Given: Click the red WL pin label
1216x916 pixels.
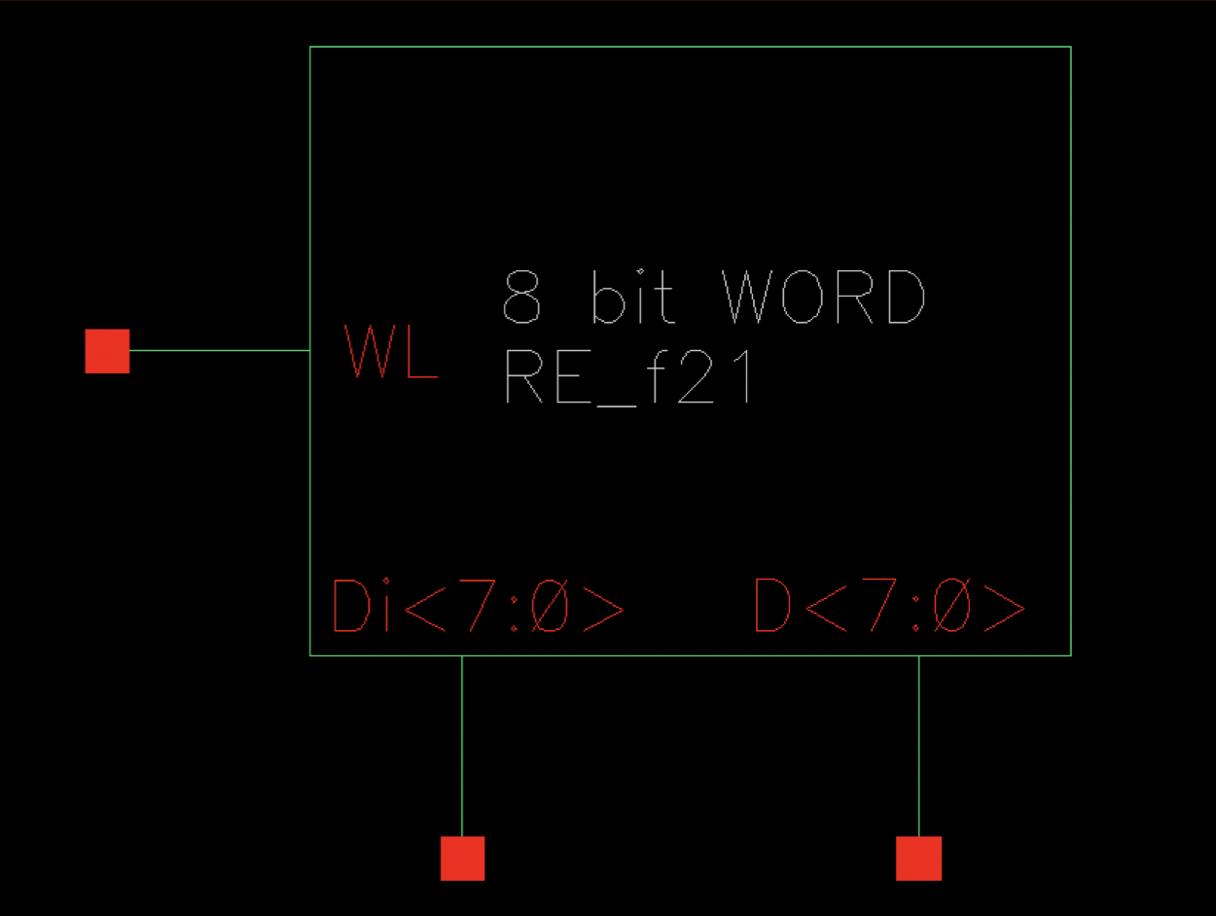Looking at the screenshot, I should [391, 352].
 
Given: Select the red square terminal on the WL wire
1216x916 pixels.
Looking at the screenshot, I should [107, 351].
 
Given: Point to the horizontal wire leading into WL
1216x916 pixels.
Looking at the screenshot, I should [219, 350].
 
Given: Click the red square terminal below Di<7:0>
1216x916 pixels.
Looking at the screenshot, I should [462, 859].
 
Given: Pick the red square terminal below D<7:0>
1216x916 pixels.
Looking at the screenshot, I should [918, 859].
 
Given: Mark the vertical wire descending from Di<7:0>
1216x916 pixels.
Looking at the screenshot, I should [462, 745].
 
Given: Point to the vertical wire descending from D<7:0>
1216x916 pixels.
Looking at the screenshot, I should [918, 745].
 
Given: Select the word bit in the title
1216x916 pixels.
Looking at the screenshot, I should [632, 298].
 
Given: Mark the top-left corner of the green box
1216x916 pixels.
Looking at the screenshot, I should [310, 47].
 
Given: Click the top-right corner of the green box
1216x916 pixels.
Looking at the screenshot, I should [1071, 47].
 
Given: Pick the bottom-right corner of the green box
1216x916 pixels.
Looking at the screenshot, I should [1071, 655].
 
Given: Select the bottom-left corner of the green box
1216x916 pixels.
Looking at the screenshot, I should [310, 655].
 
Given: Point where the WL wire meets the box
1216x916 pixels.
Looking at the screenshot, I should [310, 350].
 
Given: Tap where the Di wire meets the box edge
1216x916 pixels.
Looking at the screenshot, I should [462, 655].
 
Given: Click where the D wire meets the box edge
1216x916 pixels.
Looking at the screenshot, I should [918, 655].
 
